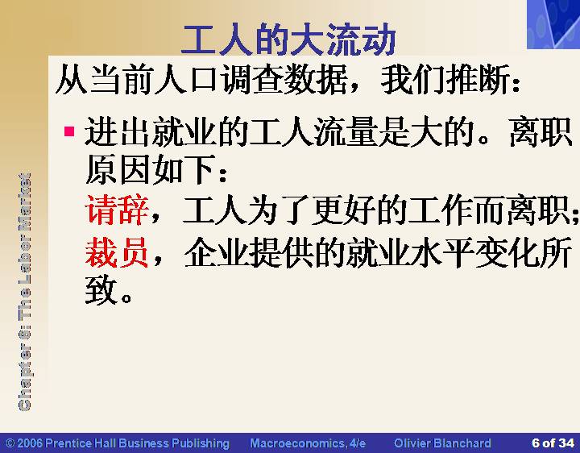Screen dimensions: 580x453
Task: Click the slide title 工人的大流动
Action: pos(288,39)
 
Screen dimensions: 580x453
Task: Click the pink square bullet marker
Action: pos(69,131)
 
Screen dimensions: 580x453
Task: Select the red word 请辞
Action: pos(117,210)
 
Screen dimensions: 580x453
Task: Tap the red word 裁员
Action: pos(117,252)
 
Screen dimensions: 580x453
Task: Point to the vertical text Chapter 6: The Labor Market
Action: pos(24,292)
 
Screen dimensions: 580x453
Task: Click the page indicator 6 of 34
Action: pos(553,443)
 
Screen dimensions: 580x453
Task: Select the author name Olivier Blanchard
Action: pos(442,443)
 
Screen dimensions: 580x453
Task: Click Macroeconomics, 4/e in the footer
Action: pos(308,443)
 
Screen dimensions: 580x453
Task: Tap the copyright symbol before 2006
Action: pos(10,443)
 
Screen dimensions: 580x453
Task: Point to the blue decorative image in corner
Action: pos(553,24)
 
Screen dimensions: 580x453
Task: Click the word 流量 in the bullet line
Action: pos(346,131)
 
